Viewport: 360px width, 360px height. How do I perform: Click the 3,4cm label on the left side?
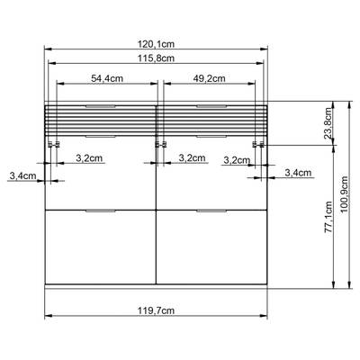point(22,176)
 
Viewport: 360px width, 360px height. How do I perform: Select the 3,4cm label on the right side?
point(297,172)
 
